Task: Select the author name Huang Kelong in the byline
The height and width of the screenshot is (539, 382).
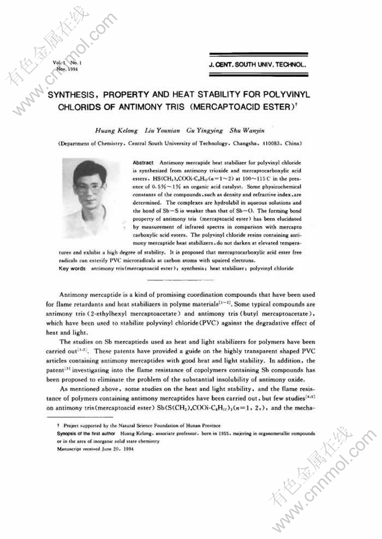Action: [x=112, y=130]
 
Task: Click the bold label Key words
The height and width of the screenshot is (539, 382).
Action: [x=72, y=269]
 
